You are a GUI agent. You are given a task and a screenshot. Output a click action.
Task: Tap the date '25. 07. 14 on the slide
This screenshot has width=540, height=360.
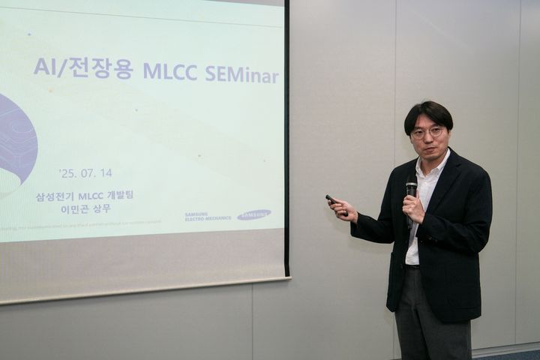coord(85,172)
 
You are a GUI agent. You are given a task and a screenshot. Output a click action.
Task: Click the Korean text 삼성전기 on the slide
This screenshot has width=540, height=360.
coord(55,196)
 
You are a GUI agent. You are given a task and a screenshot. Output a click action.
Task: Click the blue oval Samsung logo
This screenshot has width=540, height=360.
coord(253,214)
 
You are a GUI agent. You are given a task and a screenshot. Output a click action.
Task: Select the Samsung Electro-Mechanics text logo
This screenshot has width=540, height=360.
coord(208,217)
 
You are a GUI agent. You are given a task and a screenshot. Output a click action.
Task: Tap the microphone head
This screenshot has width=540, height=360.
coord(411,184)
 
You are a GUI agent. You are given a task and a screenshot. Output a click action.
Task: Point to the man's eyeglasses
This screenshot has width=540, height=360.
coord(427,133)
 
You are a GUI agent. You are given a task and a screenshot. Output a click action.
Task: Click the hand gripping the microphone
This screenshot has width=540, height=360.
coord(413,207)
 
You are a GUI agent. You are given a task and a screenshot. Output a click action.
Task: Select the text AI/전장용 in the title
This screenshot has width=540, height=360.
coord(82,68)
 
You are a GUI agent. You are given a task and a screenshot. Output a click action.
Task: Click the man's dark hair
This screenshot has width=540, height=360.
coord(428,112)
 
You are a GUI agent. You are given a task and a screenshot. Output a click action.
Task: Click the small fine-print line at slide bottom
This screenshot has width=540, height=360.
coord(82,222)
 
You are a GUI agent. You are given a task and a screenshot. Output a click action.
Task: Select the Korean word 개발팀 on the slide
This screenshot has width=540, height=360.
coord(120,196)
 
